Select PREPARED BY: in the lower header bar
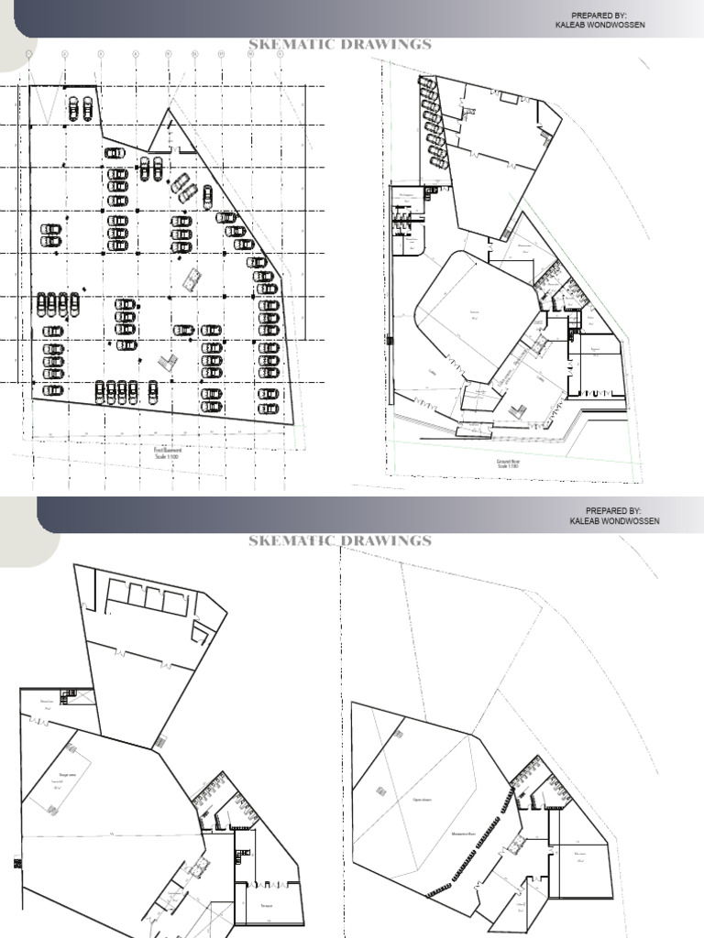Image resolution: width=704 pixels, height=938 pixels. point(612,510)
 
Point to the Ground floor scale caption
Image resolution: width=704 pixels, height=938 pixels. point(510,463)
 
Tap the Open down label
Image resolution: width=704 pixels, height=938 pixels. point(421,798)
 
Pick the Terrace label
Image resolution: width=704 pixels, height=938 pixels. point(267,902)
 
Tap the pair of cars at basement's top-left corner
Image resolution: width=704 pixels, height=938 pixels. point(80,108)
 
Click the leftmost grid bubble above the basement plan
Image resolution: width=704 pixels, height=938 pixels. point(29,54)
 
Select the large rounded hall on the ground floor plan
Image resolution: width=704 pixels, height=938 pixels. point(474,315)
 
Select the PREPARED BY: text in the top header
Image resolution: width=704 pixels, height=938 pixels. point(599,16)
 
